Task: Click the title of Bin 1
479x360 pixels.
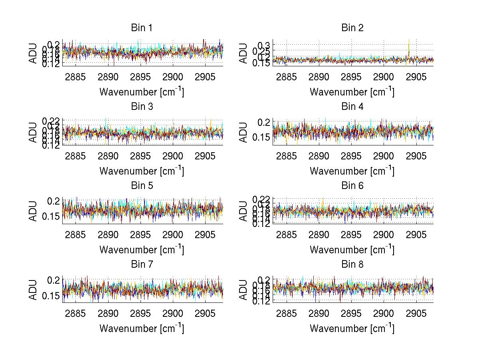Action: pos(142,28)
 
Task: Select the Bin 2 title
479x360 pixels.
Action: pos(352,28)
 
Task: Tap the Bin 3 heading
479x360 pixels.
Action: pos(142,107)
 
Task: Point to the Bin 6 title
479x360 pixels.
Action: pos(352,185)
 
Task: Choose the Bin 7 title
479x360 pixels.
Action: pos(142,265)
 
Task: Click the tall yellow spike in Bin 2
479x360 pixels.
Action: pos(409,47)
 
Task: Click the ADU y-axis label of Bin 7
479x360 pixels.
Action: pos(34,290)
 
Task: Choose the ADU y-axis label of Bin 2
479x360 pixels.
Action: pos(244,53)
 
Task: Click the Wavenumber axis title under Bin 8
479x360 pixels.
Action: pos(352,328)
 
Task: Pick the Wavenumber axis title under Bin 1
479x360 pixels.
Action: pos(142,92)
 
